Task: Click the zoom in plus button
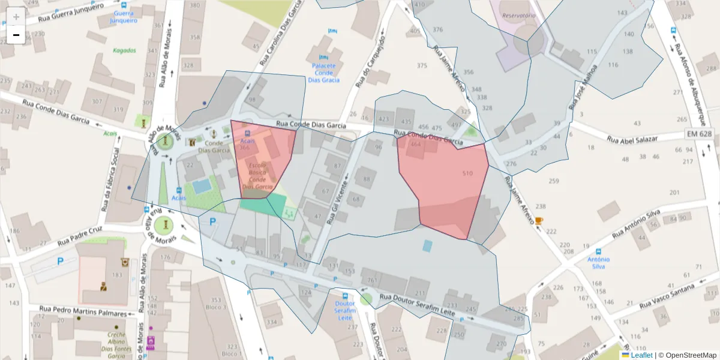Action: [16, 16]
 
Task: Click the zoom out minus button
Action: [16, 35]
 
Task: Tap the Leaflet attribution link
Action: [641, 355]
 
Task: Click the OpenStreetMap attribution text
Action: [687, 355]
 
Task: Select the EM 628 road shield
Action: [700, 133]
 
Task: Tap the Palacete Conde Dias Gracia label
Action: [323, 73]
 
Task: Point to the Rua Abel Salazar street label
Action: [641, 139]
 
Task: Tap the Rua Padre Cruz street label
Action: [80, 237]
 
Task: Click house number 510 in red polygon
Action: [468, 173]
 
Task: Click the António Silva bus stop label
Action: [598, 263]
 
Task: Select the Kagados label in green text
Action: [124, 50]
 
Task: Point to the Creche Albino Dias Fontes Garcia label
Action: [117, 345]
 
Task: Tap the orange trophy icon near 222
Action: [539, 221]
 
